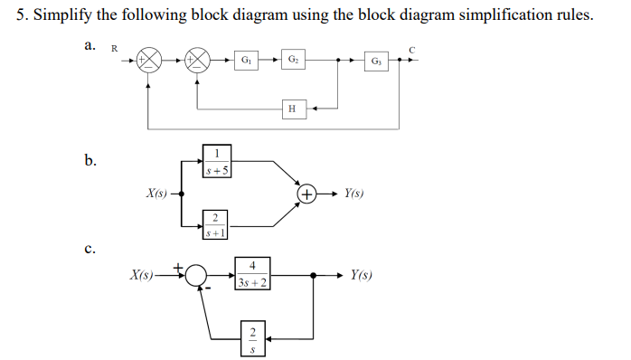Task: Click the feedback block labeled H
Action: coord(291,109)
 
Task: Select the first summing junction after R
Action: coord(149,62)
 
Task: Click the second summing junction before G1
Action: coord(198,62)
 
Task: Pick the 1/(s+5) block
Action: coord(213,160)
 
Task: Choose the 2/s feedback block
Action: coord(252,335)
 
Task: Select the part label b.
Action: coord(89,161)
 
